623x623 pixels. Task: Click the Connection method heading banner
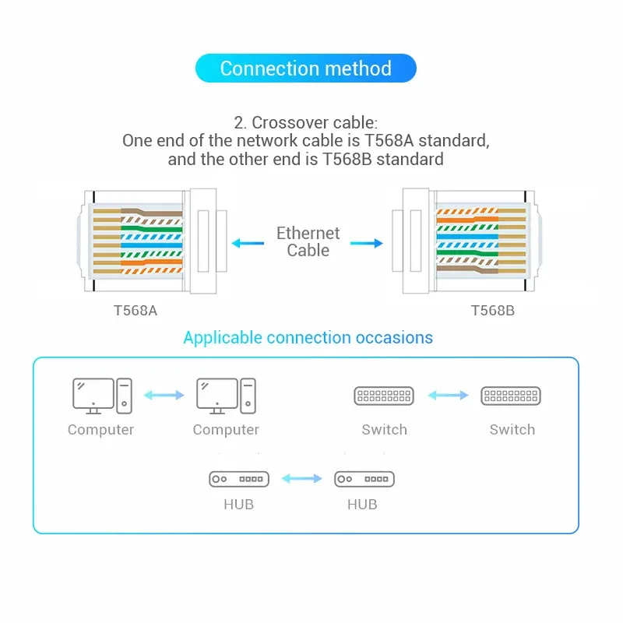(305, 69)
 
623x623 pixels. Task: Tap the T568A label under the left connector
(136, 311)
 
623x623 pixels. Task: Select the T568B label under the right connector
(492, 311)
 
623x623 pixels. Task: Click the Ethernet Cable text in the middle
(308, 241)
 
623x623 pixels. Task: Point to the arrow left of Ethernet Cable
(248, 243)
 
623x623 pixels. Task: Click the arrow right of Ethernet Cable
(367, 243)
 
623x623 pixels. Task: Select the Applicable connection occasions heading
(308, 338)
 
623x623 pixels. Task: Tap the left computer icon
(101, 396)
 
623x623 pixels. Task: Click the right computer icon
(226, 396)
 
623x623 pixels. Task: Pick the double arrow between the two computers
(164, 396)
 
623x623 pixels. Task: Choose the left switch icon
(384, 396)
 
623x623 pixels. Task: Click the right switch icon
(512, 396)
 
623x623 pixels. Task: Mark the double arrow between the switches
(448, 396)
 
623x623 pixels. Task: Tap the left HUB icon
(238, 479)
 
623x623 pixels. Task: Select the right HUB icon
(364, 479)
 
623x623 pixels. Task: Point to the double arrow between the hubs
(302, 479)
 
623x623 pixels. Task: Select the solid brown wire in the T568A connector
(152, 212)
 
